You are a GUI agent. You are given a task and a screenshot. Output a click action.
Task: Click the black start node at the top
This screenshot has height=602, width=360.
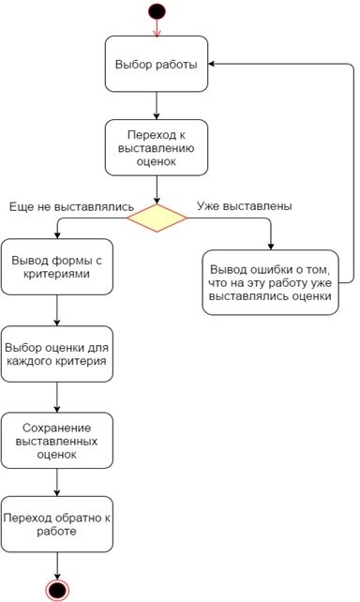click(157, 10)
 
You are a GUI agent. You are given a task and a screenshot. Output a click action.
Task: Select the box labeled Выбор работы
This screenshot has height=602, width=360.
click(157, 64)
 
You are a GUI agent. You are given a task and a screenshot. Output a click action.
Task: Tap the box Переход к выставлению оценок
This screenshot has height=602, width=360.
click(157, 147)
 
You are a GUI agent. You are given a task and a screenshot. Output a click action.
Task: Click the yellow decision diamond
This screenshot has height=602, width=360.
click(157, 218)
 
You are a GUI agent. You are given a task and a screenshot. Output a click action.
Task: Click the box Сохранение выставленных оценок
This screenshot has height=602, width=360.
click(58, 440)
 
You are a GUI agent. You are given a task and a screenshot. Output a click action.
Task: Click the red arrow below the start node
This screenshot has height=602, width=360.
click(157, 28)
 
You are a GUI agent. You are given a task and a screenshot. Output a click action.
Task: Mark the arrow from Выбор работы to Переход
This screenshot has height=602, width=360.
click(157, 105)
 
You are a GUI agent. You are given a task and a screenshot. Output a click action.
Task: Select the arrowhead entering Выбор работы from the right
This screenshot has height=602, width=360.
click(214, 64)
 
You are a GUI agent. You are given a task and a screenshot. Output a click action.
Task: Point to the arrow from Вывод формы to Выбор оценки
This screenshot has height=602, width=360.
click(58, 309)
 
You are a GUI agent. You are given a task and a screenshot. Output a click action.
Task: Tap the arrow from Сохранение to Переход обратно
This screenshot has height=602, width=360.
click(58, 482)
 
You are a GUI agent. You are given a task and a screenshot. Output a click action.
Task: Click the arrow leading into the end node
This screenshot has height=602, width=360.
click(58, 564)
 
